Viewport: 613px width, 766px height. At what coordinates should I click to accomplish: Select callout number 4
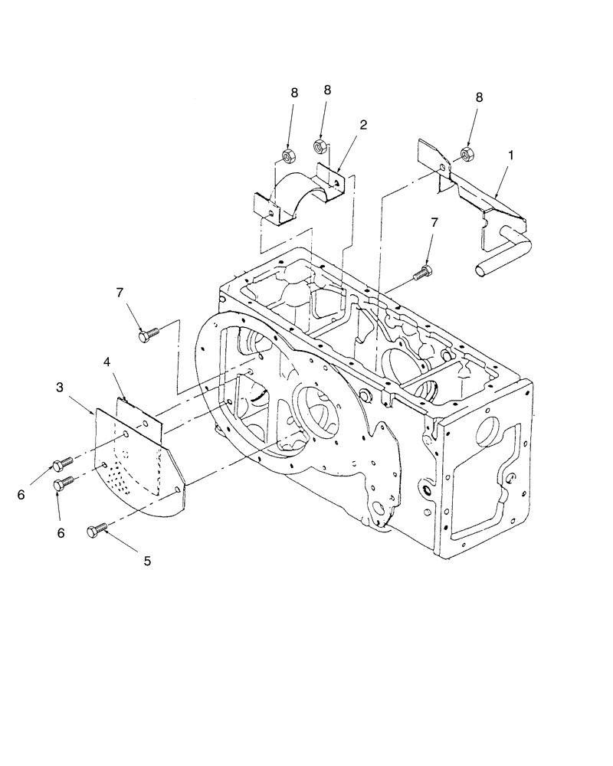click(107, 359)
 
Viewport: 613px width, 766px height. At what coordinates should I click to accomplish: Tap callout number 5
click(148, 561)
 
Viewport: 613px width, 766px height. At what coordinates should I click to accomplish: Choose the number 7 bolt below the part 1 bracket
click(421, 272)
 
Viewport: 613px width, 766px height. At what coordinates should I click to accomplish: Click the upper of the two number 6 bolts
click(61, 463)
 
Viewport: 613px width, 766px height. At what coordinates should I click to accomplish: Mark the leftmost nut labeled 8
click(290, 157)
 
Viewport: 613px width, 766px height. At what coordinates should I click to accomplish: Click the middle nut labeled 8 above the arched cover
click(321, 145)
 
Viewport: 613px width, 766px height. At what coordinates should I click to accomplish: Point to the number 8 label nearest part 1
click(480, 98)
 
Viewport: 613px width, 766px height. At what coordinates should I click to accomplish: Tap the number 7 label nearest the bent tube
click(434, 223)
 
